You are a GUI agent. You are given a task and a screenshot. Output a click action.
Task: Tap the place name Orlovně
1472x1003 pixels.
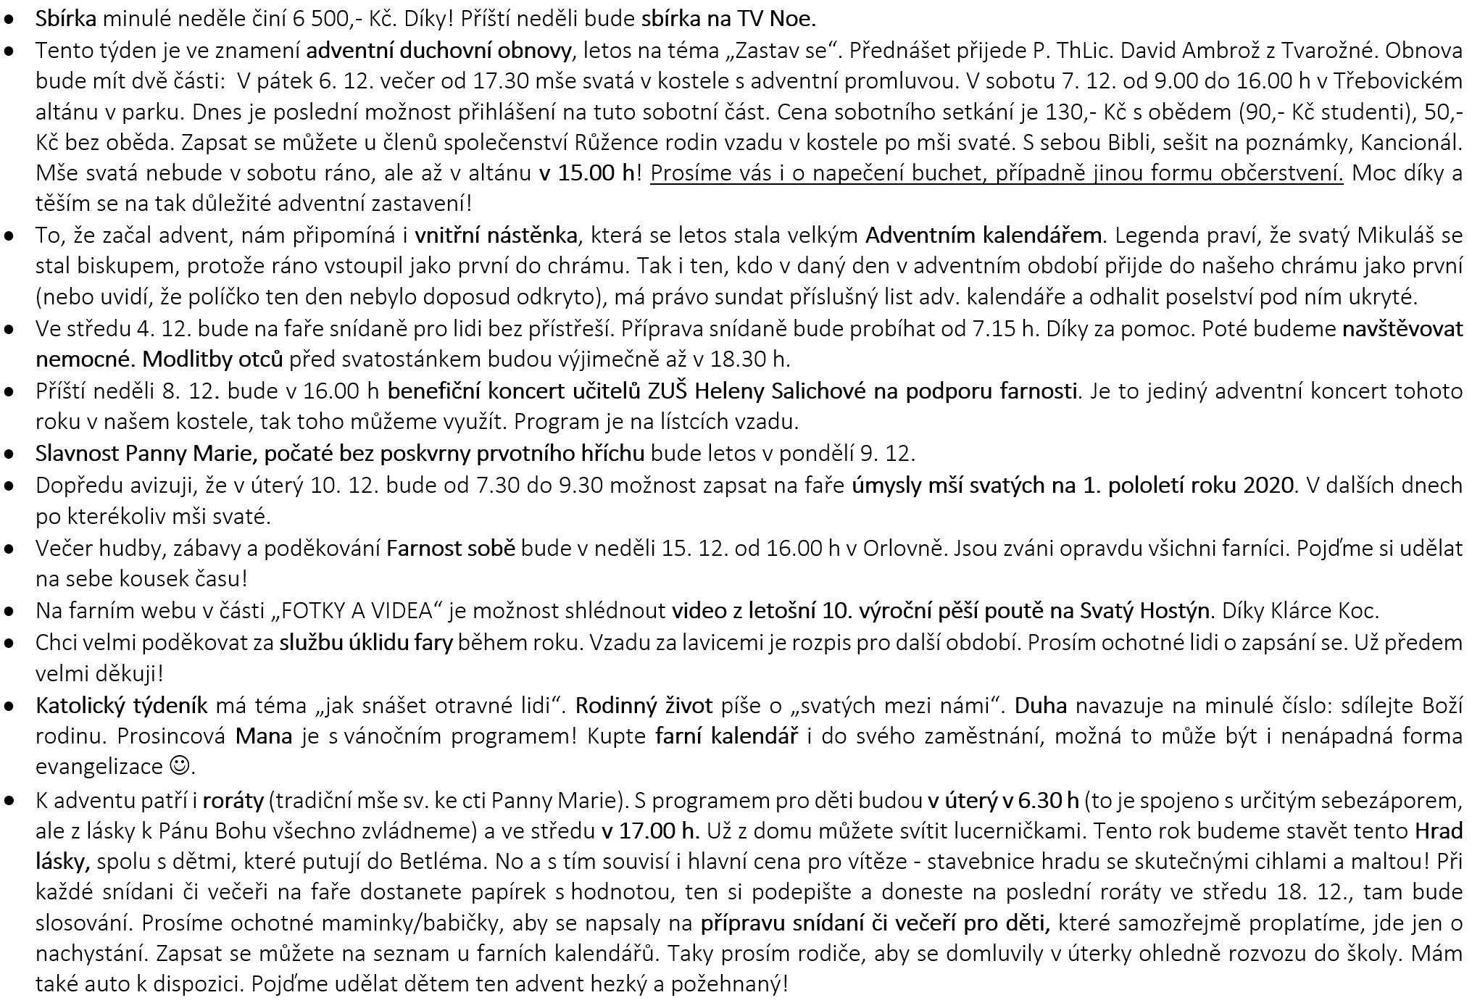pos(904,548)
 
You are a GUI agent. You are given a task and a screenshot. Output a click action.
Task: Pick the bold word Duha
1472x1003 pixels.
pos(1040,705)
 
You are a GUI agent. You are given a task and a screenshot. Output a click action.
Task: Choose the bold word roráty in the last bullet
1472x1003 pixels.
pos(233,801)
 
